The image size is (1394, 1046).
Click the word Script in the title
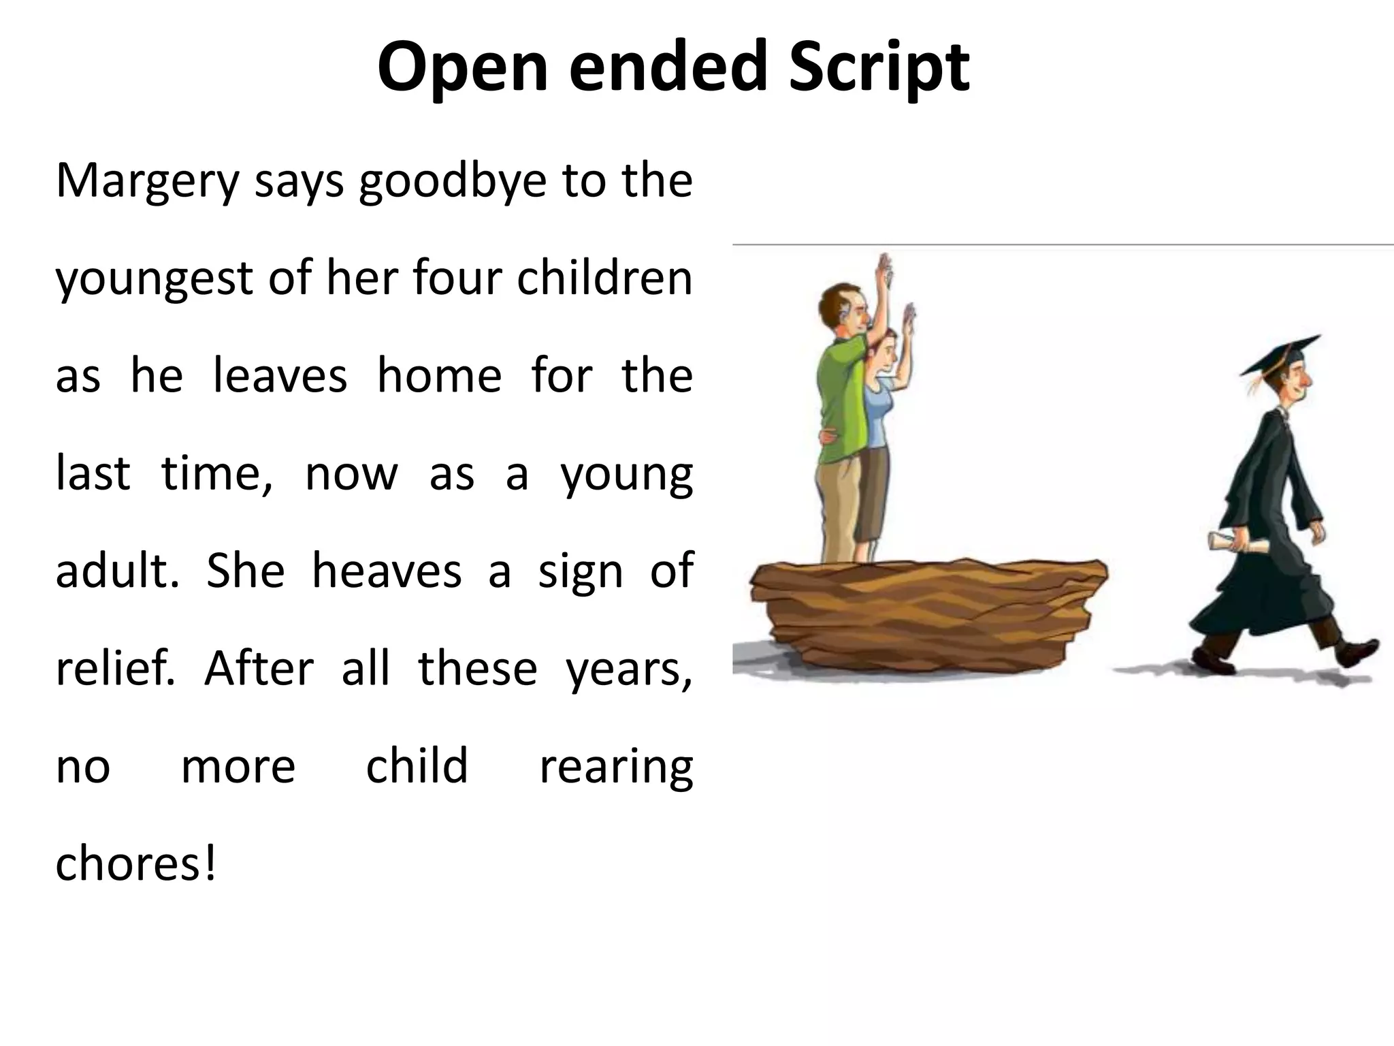tap(879, 67)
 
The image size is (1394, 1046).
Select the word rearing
tap(616, 766)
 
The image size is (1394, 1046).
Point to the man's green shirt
tap(843, 402)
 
